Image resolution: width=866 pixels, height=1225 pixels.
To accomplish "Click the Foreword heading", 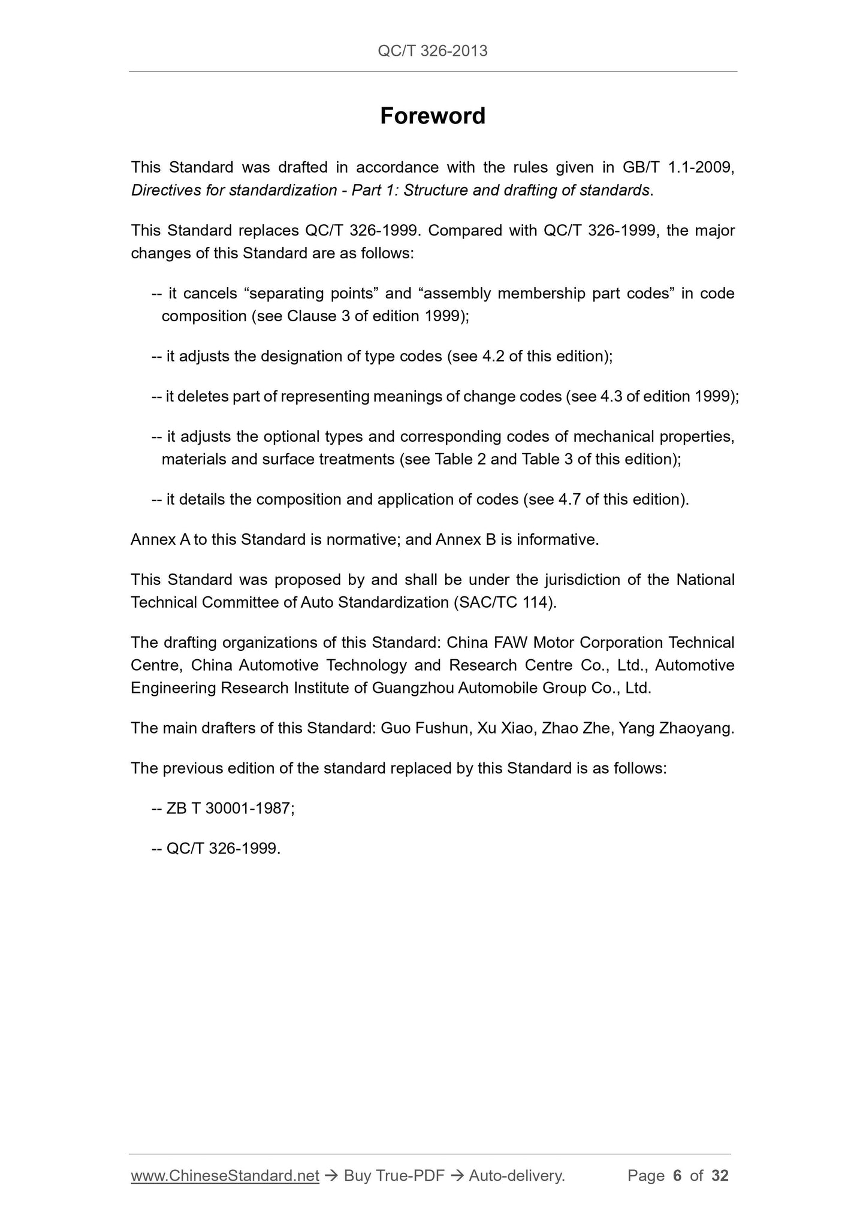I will (433, 116).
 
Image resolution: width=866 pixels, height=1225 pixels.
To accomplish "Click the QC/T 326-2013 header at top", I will (433, 51).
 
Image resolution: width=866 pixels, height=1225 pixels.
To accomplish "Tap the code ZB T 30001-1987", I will (230, 809).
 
